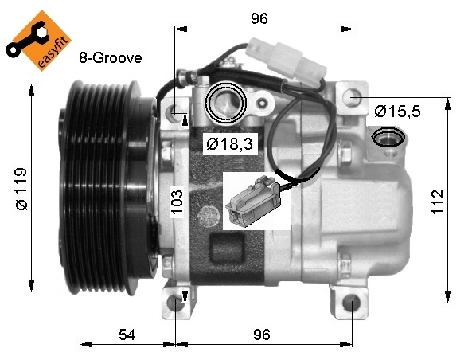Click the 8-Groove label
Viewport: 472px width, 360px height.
pos(110,58)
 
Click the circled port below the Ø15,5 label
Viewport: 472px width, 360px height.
pos(388,138)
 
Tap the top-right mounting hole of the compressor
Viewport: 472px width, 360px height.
pos(351,97)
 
